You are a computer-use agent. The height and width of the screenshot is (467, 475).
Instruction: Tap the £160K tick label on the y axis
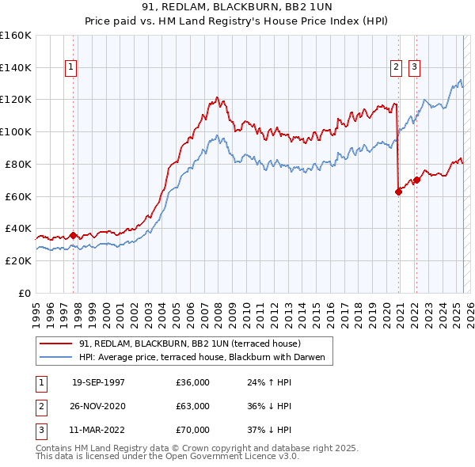(16, 36)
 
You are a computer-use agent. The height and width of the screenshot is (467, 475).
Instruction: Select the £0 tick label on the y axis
(24, 293)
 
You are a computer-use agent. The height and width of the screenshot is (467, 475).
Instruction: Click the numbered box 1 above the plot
(71, 68)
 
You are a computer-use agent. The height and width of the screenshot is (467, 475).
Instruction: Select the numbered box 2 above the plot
(396, 68)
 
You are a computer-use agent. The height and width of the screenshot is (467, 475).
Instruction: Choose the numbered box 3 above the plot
(414, 68)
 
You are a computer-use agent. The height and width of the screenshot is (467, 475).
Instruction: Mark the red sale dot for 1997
(73, 235)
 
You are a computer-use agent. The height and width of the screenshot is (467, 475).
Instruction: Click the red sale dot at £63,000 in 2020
(398, 192)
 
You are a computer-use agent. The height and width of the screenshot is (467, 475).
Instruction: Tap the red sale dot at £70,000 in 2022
(416, 180)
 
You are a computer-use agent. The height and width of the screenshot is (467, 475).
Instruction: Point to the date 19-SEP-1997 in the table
(98, 382)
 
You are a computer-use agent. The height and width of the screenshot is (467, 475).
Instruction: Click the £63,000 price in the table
(193, 406)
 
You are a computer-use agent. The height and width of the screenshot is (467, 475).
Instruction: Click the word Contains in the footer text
(55, 448)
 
